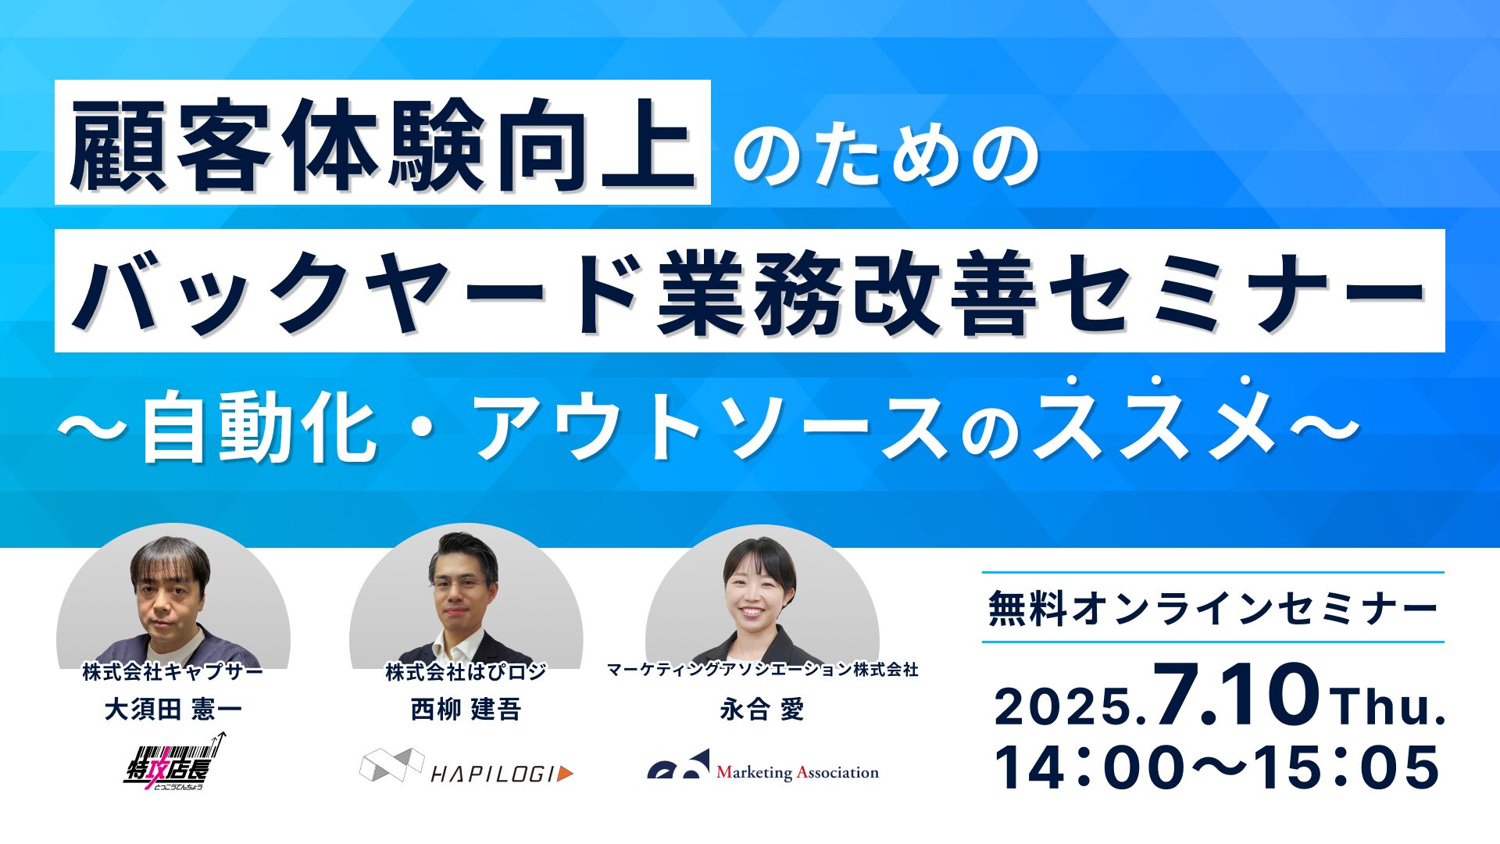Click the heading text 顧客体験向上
point(382,145)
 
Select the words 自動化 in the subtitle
point(258,428)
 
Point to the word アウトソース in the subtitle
point(711,428)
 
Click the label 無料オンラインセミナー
point(1212,608)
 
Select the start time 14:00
point(1091,767)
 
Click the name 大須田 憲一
point(173,710)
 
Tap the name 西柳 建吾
point(466,710)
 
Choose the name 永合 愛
point(762,710)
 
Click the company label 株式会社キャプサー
point(173,671)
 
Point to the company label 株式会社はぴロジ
point(466,671)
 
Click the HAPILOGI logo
point(466,767)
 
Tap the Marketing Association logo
point(763,767)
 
